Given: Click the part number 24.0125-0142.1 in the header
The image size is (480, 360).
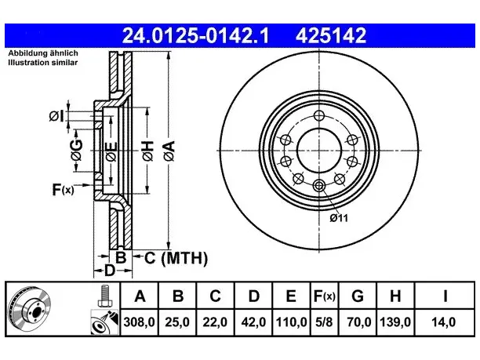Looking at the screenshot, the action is point(195,35).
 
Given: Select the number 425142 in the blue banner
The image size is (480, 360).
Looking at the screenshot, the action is point(331,35).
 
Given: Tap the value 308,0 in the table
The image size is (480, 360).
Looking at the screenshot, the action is point(140,322).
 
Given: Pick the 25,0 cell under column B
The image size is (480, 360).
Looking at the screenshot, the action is point(177,322).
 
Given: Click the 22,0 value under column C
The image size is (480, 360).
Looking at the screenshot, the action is point(215,322).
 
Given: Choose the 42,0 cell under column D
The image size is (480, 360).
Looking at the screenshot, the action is point(253,322).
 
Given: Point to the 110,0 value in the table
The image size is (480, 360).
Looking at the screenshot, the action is point(291,322).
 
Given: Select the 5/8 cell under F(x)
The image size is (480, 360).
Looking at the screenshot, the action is point(324,322).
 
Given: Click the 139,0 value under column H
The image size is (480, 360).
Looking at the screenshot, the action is point(395,322).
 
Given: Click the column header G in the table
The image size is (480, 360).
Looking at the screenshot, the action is point(358,296).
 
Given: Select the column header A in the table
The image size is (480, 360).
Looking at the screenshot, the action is point(140,296).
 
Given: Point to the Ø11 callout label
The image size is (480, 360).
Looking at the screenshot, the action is point(339,218).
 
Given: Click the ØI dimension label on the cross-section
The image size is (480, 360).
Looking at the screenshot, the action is point(56,116).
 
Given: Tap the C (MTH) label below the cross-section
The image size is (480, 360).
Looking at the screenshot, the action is point(176,258).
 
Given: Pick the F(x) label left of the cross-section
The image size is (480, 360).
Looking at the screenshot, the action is point(63,190).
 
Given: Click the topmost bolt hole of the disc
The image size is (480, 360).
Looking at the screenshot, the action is point(319,116).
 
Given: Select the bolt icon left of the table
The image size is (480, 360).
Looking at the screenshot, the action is point(105,296).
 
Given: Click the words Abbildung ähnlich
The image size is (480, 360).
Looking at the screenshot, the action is point(43,53).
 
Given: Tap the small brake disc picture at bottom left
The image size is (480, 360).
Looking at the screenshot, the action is point(30,309).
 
